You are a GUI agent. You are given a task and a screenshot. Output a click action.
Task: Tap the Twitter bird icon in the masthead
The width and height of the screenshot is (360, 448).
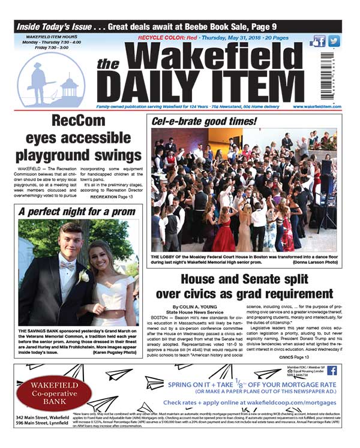[334, 41]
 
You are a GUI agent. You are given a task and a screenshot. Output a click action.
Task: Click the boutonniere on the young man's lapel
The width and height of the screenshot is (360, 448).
[83, 276]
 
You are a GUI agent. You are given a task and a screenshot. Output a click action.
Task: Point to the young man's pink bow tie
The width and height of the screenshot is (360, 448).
[68, 265]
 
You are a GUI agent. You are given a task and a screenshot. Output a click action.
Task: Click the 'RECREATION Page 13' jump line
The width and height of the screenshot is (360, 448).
[112, 197]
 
